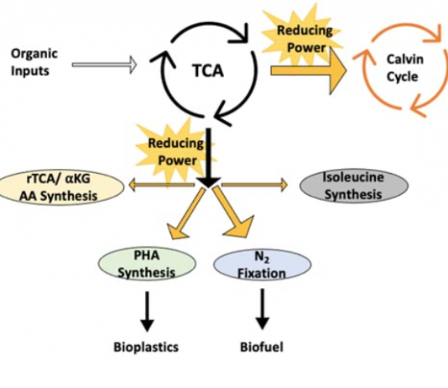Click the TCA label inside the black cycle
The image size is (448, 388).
[208, 71]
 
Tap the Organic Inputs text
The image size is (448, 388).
[34, 62]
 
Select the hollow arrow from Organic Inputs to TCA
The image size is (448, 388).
[105, 65]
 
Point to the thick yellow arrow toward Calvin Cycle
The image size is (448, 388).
[309, 71]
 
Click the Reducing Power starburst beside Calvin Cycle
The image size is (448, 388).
[304, 37]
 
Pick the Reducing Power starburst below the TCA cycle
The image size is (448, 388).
[175, 152]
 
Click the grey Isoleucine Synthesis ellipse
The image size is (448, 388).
[354, 186]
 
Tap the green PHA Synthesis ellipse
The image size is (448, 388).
[147, 264]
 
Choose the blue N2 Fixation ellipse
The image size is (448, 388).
[262, 265]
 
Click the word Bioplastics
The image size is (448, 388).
[146, 347]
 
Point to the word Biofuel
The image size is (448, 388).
[262, 347]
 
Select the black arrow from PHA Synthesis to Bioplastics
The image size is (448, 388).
[147, 311]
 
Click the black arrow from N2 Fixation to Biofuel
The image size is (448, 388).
[262, 309]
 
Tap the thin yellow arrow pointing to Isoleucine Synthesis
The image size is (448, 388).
[254, 185]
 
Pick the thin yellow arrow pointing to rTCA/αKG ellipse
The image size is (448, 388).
[162, 185]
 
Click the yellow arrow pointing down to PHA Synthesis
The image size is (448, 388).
[185, 214]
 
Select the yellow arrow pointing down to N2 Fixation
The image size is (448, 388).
[233, 212]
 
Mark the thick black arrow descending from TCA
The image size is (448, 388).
[209, 158]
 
